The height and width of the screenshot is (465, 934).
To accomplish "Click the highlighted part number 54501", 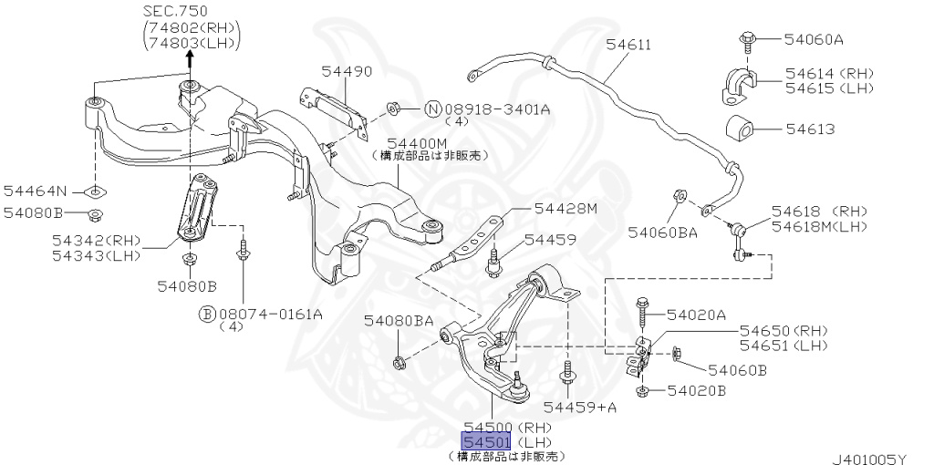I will tap(488, 442).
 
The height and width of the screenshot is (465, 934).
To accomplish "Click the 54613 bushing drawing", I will tap(742, 129).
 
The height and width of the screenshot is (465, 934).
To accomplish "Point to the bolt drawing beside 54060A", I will tap(743, 38).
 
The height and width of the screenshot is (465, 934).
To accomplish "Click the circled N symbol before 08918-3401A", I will tap(434, 109).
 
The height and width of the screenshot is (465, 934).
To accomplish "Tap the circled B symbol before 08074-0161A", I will tap(207, 315).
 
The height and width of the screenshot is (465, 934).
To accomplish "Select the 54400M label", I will tap(416, 143).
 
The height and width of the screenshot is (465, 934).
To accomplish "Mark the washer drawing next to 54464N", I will tap(94, 191).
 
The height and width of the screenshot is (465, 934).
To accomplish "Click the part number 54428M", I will tap(566, 209).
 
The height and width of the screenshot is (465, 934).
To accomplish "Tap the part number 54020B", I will tap(696, 391).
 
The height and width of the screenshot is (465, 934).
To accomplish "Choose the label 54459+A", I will tap(580, 407).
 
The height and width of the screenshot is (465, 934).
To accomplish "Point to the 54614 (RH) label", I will tap(816, 73).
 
